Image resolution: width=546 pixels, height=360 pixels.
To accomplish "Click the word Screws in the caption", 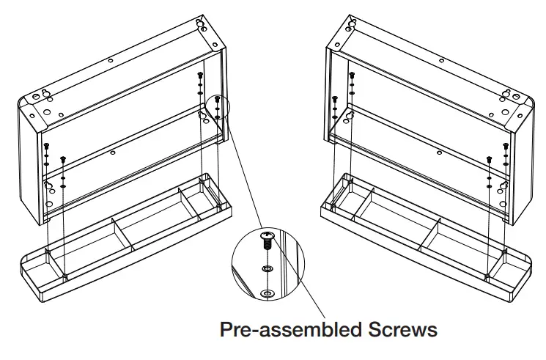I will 403,329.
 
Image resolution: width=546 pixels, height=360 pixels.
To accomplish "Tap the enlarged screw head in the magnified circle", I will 266,235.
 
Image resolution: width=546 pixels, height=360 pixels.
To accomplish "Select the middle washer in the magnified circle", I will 267,271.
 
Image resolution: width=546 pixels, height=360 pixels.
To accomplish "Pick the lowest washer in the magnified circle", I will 267,293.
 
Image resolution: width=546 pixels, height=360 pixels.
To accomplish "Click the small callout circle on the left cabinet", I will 218,107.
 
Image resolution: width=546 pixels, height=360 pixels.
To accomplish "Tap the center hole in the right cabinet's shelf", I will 438,153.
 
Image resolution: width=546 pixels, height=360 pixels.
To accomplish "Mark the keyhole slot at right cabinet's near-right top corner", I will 506,94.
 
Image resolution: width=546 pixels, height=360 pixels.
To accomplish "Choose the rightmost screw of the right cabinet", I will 505,147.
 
